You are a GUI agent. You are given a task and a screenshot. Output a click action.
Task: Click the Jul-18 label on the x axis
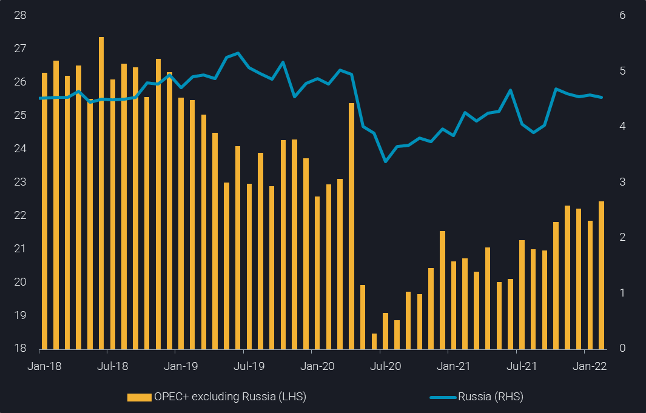(x=112, y=366)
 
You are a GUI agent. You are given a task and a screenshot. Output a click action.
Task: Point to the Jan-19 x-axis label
(x=181, y=366)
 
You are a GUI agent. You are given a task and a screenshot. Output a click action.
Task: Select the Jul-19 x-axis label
(x=249, y=366)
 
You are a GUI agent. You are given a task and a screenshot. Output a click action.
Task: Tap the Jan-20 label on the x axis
(x=317, y=366)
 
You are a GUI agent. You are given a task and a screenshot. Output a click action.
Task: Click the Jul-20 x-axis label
(x=385, y=366)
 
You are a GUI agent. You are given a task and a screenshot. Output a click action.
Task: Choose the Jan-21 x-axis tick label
(x=454, y=366)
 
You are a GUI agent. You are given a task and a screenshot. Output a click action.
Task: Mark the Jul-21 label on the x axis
(x=522, y=366)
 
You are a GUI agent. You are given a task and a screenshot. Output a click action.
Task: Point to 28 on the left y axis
(x=20, y=15)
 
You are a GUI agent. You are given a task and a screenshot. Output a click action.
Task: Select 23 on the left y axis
(x=20, y=182)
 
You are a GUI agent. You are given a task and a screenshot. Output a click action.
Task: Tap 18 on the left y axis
(x=20, y=349)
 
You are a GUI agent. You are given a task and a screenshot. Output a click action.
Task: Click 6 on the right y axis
(x=622, y=15)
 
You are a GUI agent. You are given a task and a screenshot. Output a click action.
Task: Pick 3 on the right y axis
(x=622, y=182)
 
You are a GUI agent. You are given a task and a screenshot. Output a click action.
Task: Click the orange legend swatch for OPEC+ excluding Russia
(x=139, y=397)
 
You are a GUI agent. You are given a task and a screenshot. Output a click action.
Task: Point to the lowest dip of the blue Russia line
(x=385, y=161)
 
